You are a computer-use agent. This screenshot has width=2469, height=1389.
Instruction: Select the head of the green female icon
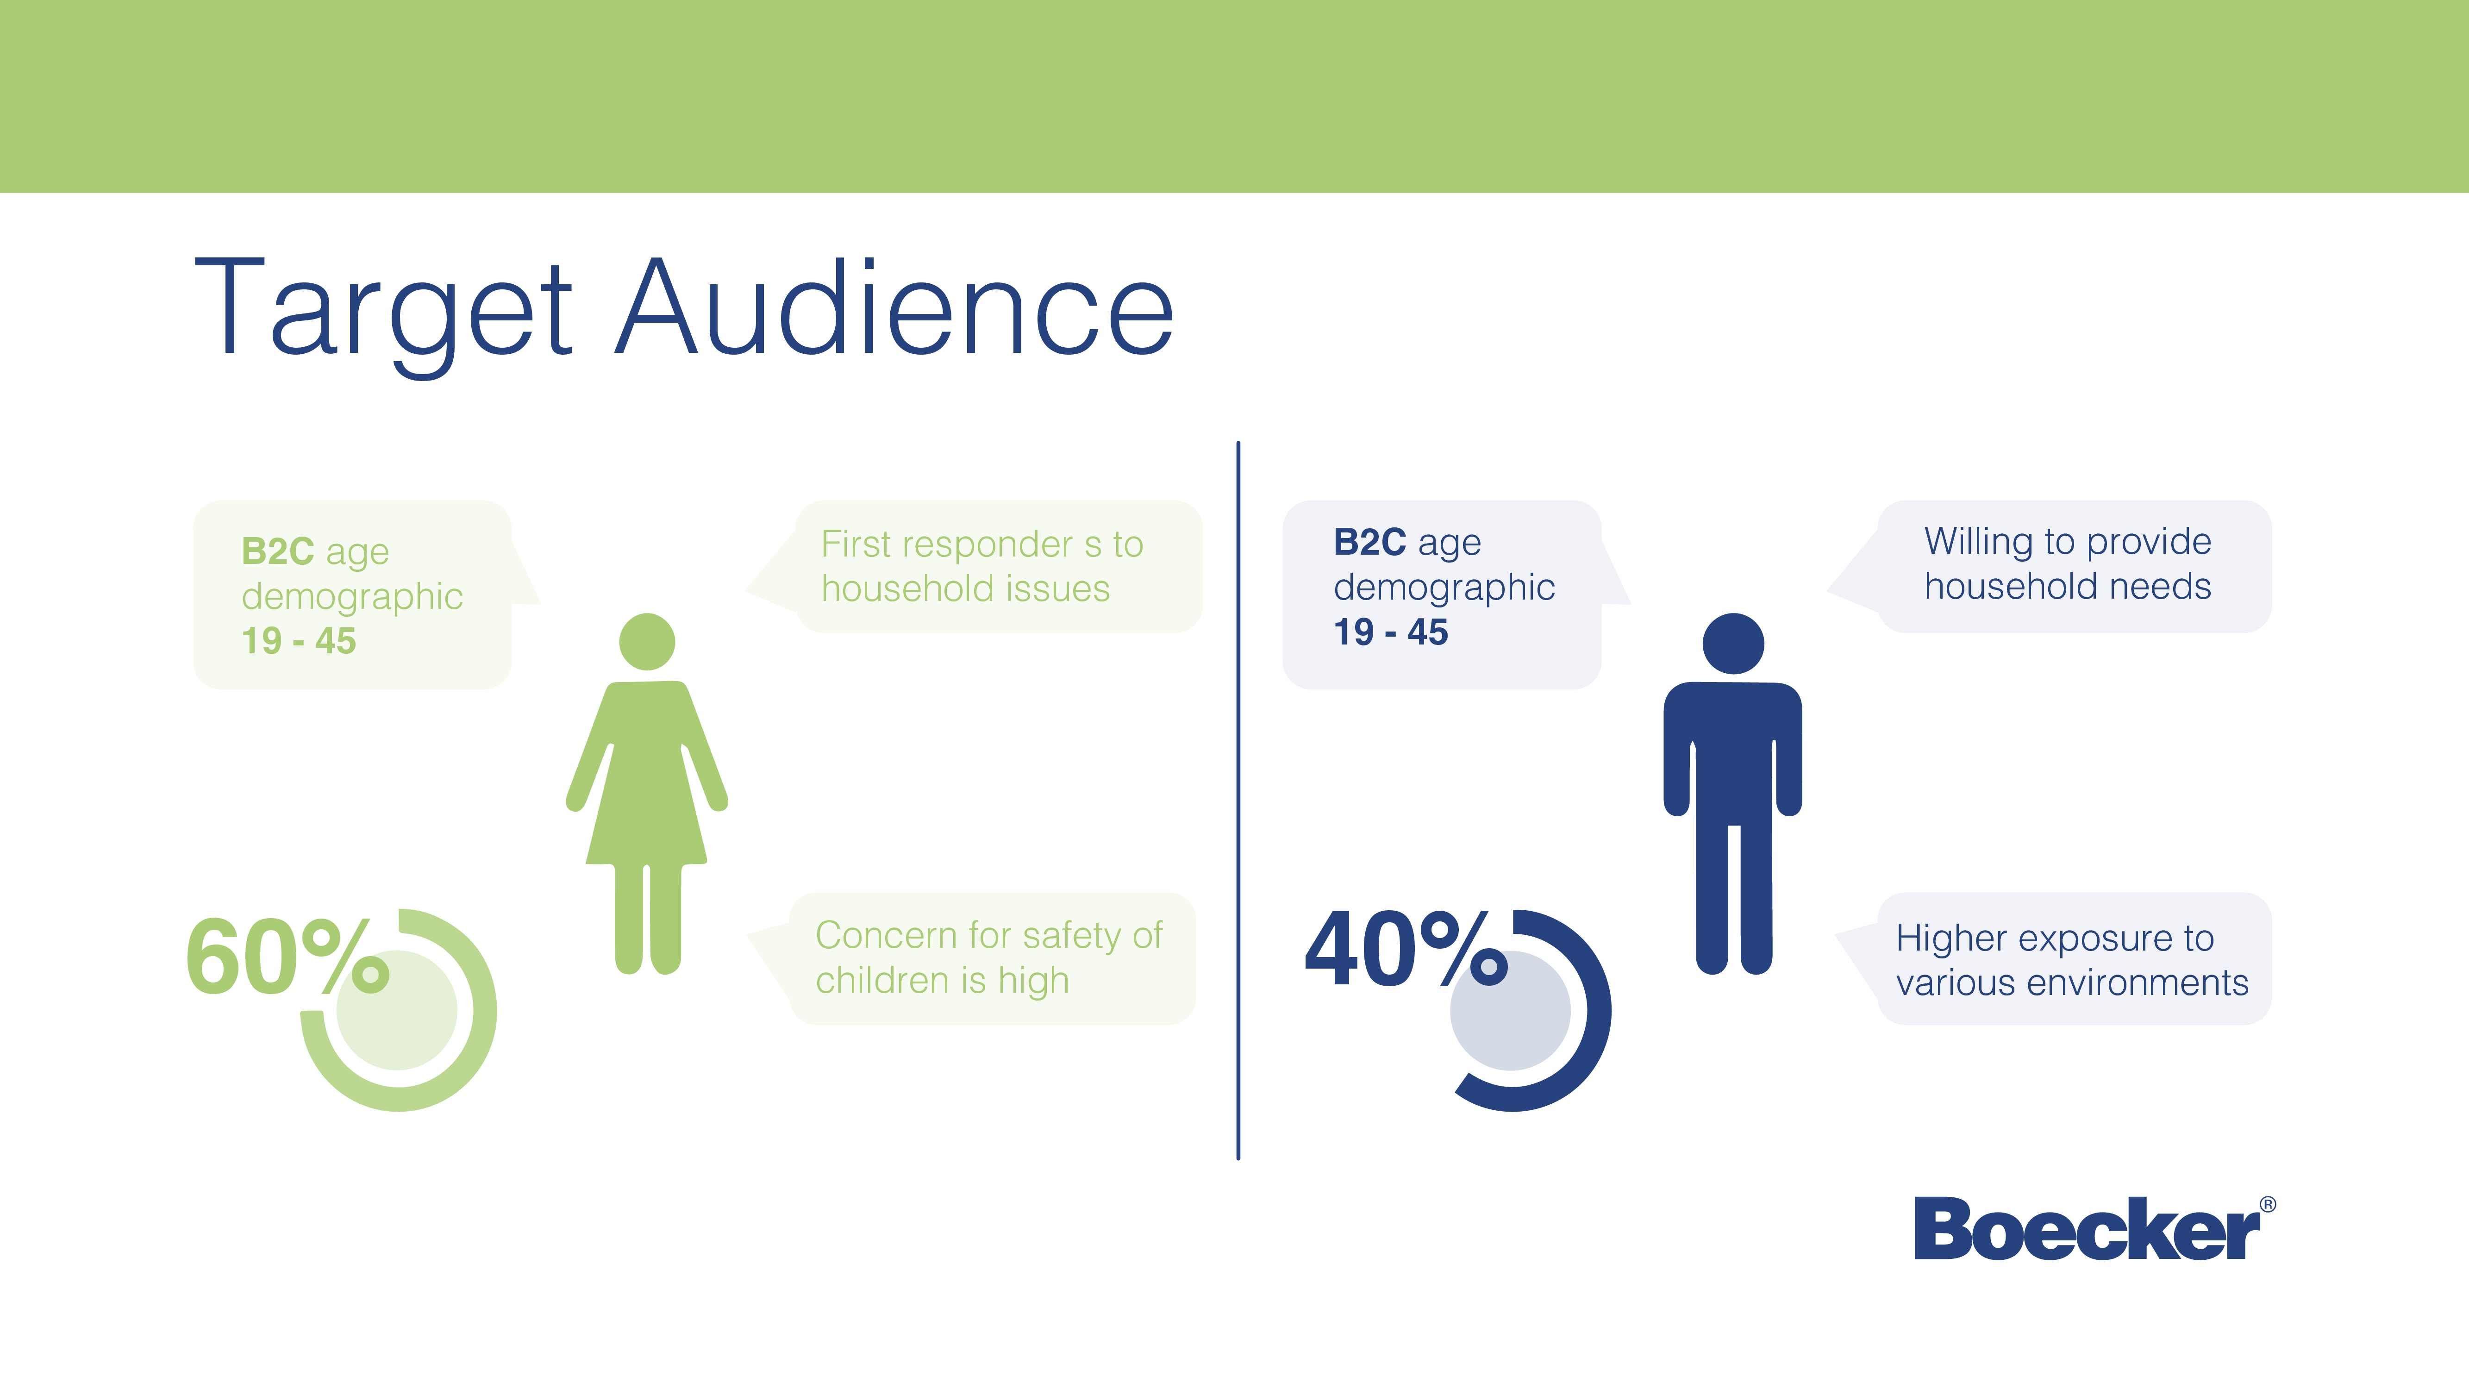(647, 641)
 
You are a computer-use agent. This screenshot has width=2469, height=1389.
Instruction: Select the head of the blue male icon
(1733, 643)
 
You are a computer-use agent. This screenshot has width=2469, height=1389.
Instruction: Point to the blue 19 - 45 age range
(1391, 632)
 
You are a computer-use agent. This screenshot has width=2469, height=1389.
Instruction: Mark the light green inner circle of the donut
(397, 1010)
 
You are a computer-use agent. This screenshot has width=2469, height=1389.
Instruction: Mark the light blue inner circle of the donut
(1511, 1010)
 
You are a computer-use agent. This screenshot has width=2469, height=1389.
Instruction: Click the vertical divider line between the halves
(1238, 801)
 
